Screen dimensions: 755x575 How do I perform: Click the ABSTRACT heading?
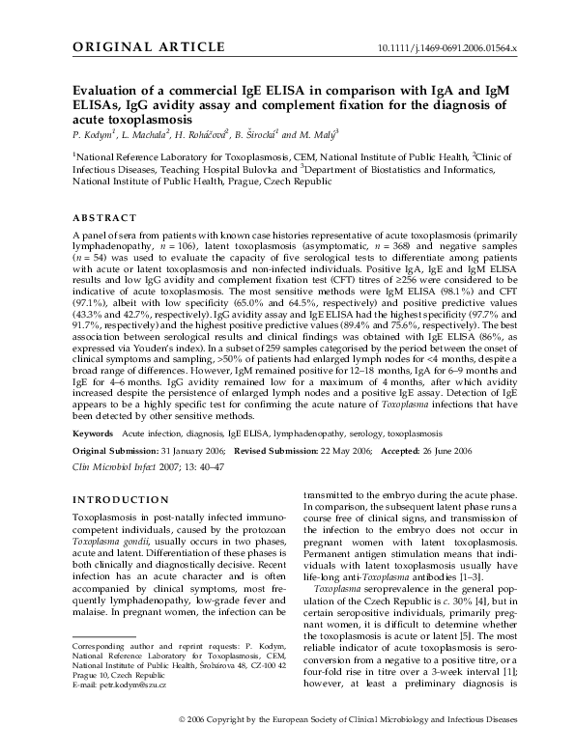coord(103,217)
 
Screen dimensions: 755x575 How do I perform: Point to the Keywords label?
coord(94,434)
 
